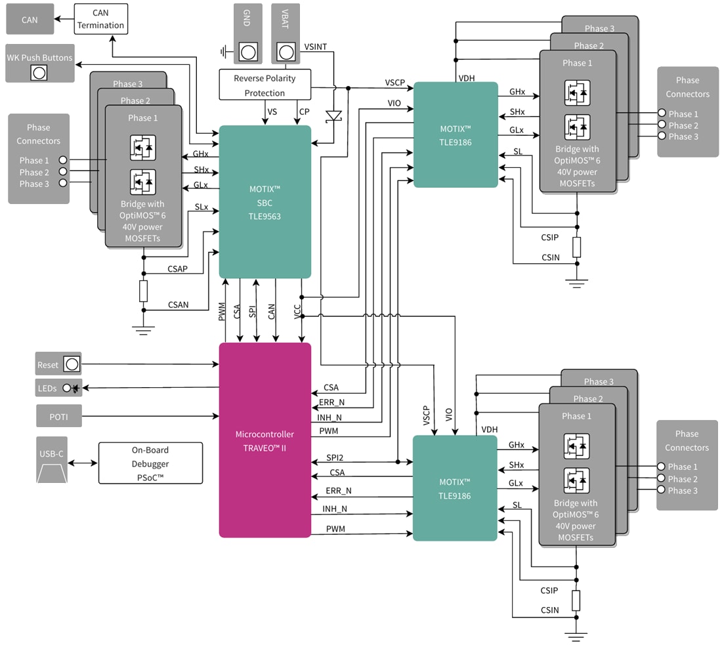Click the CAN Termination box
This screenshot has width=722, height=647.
[100, 19]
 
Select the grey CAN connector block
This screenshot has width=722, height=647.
[30, 20]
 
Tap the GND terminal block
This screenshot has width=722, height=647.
[247, 34]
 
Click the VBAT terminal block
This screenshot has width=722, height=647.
[286, 34]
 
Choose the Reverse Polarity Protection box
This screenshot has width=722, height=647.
[265, 85]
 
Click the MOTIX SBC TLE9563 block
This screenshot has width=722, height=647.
[265, 201]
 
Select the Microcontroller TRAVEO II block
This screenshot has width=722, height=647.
[265, 440]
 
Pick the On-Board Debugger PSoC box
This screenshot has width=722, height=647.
[150, 463]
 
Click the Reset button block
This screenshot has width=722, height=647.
[58, 364]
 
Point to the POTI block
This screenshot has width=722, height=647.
[58, 416]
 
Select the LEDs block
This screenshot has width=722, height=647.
[58, 388]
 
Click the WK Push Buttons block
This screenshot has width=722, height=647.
[39, 64]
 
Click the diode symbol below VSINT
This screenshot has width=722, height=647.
[335, 116]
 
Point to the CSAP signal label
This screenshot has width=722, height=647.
[178, 268]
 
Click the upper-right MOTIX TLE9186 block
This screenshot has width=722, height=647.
[456, 135]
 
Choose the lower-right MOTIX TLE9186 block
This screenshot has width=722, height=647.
[455, 488]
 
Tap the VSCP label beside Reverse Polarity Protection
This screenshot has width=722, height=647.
[395, 83]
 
